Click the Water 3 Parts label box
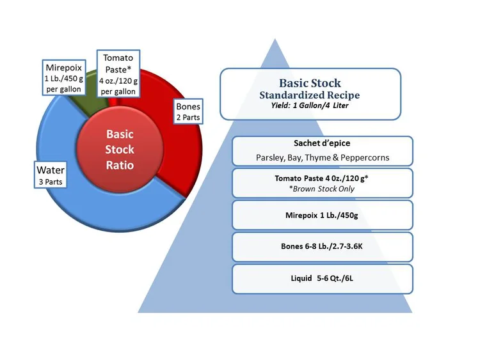tap(50, 175)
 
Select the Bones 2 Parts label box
tap(188, 111)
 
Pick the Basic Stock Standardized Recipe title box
tap(310, 94)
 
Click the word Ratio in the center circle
tap(120, 164)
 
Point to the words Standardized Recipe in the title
tap(310, 95)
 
